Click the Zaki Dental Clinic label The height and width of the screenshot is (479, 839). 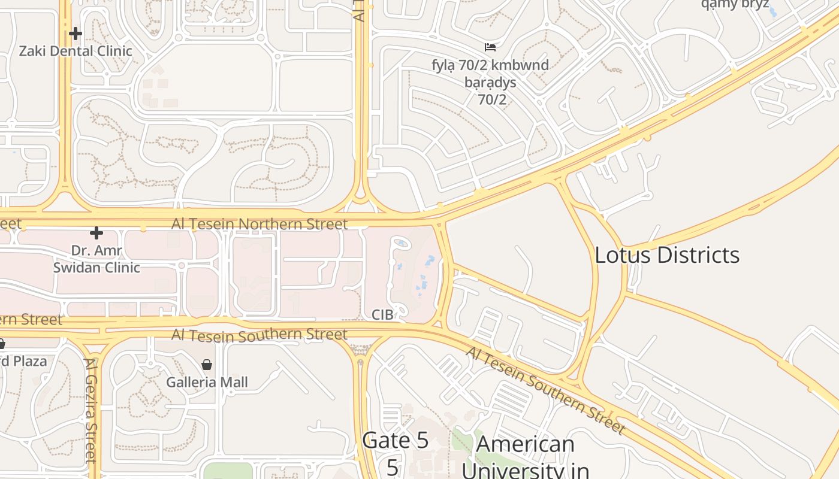coord(76,51)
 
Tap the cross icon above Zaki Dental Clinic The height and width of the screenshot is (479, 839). coord(76,34)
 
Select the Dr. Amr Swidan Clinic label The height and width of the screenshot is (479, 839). coord(96,259)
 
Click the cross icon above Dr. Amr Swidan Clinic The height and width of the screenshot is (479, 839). coord(96,232)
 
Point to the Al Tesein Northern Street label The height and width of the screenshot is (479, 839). coord(259,224)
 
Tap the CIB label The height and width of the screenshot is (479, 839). coord(382,315)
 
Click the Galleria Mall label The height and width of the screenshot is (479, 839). coord(207,382)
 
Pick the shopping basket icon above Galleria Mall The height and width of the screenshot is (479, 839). coord(207,365)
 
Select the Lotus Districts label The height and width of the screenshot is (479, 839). coord(667,255)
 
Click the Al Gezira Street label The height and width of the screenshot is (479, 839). coord(91,410)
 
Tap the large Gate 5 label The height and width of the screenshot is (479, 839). coord(396,441)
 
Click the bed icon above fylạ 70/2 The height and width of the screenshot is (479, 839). coord(490,47)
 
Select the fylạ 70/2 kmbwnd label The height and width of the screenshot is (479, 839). coord(490,64)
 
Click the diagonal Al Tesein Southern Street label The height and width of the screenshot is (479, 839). coord(545,390)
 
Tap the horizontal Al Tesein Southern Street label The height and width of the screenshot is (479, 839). coord(259,335)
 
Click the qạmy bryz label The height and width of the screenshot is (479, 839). coord(735,5)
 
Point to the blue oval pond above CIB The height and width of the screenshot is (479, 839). coord(401,243)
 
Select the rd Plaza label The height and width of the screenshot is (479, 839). coord(24,362)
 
